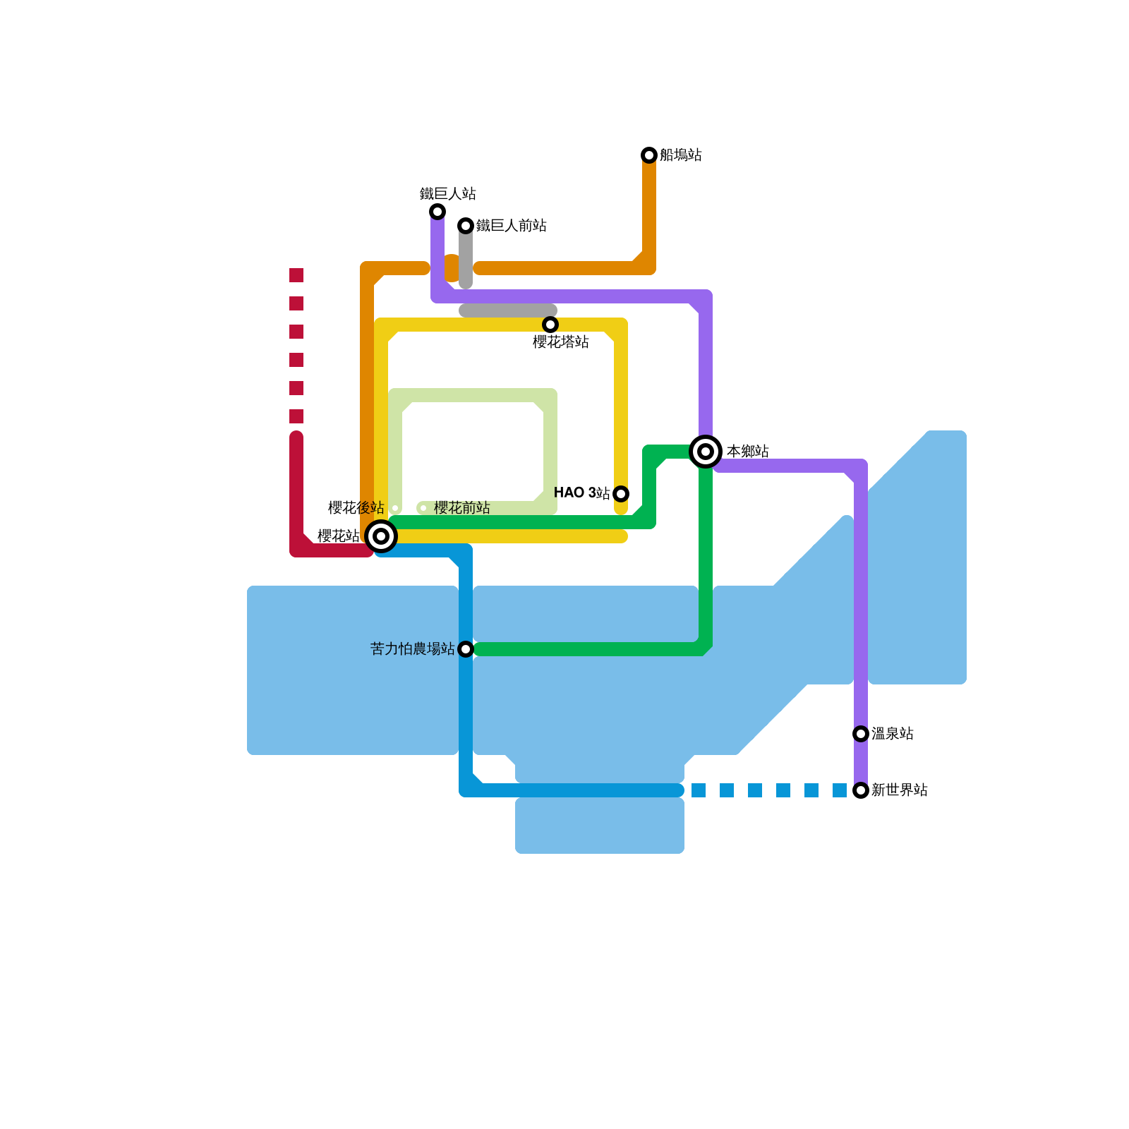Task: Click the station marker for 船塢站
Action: click(649, 155)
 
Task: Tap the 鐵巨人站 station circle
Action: click(437, 212)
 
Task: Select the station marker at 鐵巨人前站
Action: click(466, 226)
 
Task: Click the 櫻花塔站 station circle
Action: click(550, 325)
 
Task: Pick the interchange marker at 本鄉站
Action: click(706, 452)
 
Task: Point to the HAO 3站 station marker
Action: click(621, 494)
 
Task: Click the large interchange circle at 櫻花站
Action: click(381, 536)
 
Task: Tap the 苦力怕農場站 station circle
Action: click(466, 649)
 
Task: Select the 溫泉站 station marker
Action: click(861, 734)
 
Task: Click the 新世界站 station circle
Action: click(861, 790)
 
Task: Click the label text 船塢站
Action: click(681, 155)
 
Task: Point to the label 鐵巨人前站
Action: click(512, 226)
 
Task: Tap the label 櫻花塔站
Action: click(561, 342)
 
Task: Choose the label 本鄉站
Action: click(748, 452)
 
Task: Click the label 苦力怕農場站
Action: click(413, 649)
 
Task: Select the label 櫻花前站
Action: click(462, 508)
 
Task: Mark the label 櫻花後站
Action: click(356, 508)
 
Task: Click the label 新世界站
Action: click(900, 790)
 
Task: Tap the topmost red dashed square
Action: click(296, 275)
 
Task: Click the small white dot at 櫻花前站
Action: click(423, 508)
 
